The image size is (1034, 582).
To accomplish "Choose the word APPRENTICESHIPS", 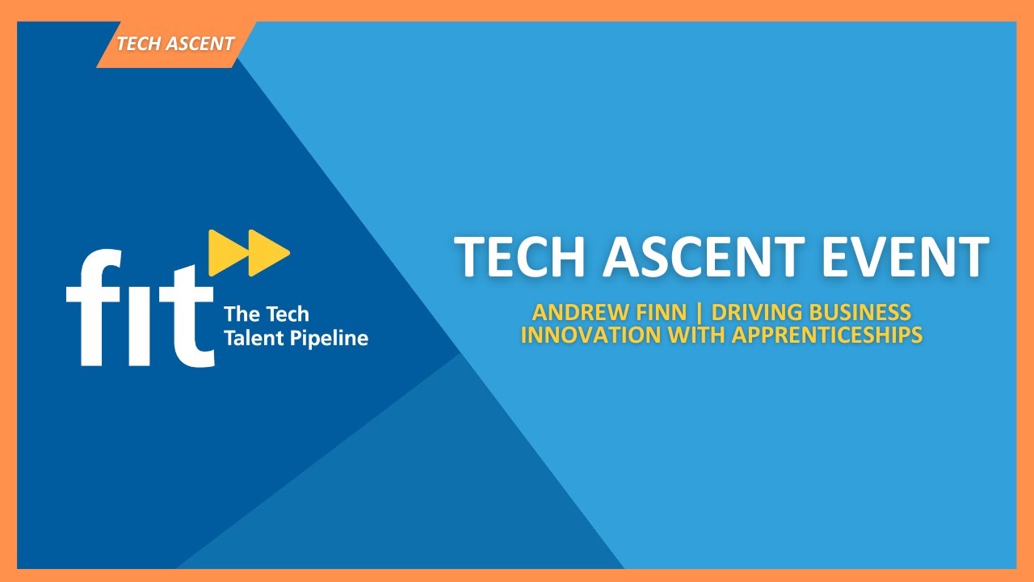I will (827, 335).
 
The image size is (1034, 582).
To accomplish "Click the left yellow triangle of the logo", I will (224, 251).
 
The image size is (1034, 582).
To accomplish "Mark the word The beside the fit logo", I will (239, 314).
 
